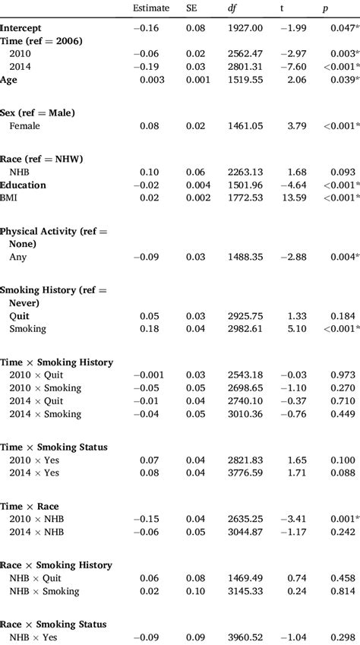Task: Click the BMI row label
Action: (x=10, y=198)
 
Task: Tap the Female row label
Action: (x=24, y=127)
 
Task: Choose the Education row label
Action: (x=23, y=185)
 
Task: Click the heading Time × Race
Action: (x=30, y=507)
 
